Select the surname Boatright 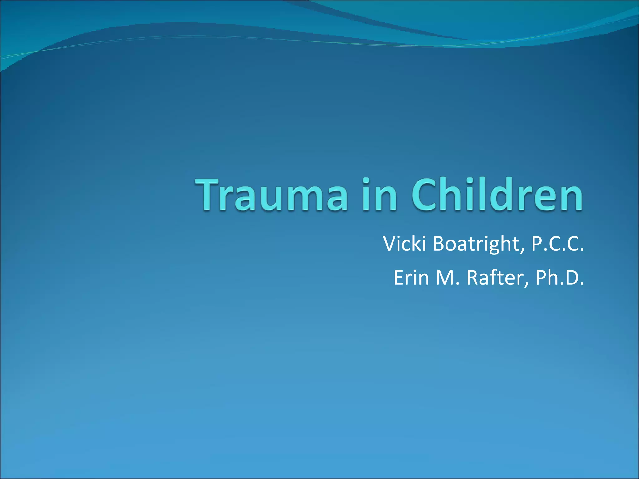pyautogui.click(x=476, y=244)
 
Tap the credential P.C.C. pyautogui.click(x=557, y=244)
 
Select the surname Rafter pyautogui.click(x=494, y=278)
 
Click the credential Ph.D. pyautogui.click(x=559, y=278)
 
